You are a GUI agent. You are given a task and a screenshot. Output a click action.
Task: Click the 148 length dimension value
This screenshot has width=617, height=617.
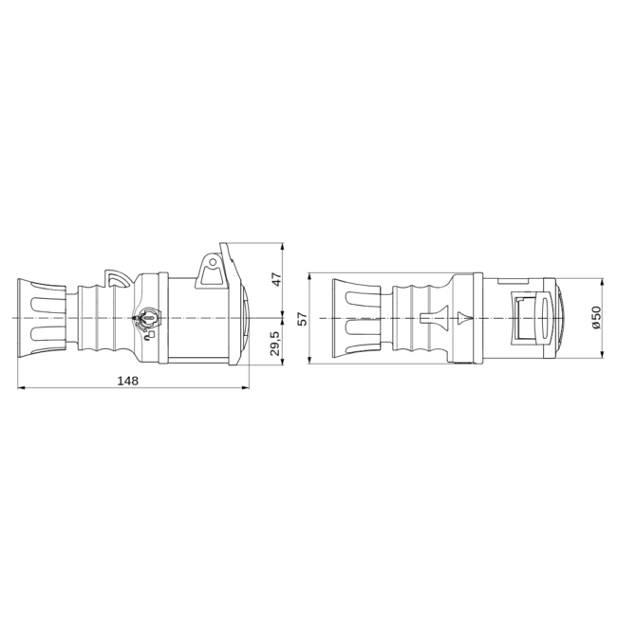(128, 381)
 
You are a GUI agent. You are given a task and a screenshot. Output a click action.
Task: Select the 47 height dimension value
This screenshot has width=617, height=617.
(277, 279)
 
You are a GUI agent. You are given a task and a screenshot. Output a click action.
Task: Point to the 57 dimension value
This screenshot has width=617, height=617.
(303, 318)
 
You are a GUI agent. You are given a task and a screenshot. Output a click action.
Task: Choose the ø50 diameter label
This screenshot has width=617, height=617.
(596, 317)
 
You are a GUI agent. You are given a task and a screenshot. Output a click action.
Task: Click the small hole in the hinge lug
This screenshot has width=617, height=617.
(213, 262)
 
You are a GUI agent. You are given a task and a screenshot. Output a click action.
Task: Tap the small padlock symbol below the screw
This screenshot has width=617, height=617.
(150, 336)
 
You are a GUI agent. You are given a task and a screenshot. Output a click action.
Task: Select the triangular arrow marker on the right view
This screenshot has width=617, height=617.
(464, 318)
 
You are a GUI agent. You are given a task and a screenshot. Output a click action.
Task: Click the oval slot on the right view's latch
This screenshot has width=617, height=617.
(546, 318)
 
